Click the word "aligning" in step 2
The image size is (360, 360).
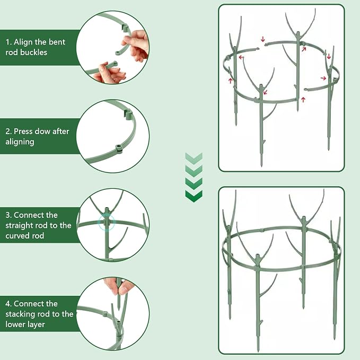20,142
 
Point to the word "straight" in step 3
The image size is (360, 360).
18,225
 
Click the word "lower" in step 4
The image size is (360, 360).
14,324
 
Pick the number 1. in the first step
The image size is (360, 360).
8,42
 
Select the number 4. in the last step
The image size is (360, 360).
8,304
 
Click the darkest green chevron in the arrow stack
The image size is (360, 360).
194,196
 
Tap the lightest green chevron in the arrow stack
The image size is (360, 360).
194,159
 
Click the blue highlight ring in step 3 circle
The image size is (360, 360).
106,222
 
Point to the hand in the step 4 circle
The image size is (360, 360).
118,286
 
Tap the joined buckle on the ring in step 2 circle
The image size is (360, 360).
118,149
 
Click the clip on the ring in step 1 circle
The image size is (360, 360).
125,28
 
